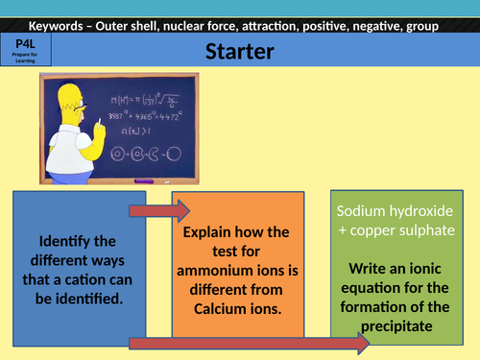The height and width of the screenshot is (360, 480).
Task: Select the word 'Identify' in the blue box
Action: coord(62,240)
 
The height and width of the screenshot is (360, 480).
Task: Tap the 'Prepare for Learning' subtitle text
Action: coord(26,59)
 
